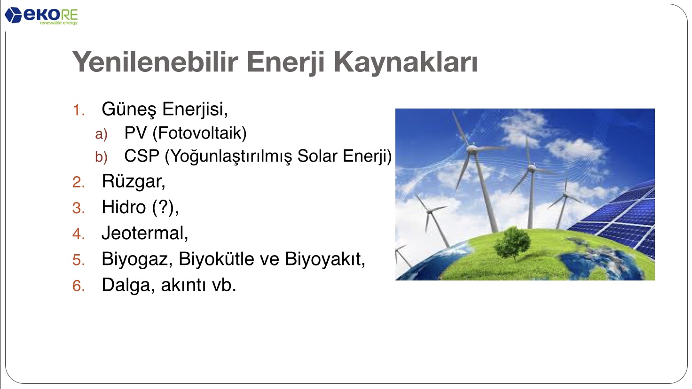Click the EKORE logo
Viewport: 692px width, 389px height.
[41, 16]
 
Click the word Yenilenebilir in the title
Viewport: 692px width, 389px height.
[155, 62]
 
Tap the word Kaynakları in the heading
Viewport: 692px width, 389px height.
[406, 62]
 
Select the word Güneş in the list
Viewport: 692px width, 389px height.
[129, 109]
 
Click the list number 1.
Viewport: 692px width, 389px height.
[79, 110]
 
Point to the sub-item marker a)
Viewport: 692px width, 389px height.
[102, 134]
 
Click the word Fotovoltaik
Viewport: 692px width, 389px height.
[200, 133]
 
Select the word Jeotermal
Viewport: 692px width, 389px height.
[143, 233]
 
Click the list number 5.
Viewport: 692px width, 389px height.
[79, 260]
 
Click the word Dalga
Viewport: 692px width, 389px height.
[126, 285]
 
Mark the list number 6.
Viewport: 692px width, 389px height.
[79, 286]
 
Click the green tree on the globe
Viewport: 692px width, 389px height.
[512, 243]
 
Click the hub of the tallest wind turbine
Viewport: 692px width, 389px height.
[472, 149]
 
